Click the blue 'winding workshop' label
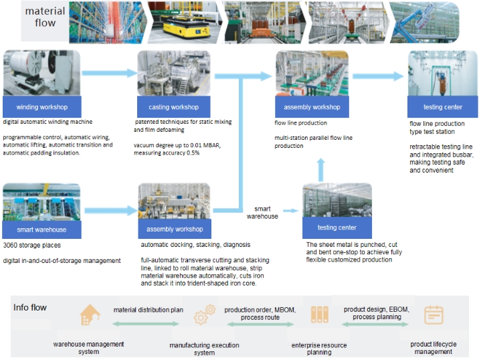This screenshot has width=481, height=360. pyautogui.click(x=42, y=107)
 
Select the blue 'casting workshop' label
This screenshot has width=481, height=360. pyautogui.click(x=174, y=107)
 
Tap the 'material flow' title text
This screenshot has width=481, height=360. pyautogui.click(x=45, y=17)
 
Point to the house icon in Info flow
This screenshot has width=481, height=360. pyautogui.click(x=90, y=314)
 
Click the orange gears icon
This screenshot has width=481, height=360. pyautogui.click(x=205, y=314)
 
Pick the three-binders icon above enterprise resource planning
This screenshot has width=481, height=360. pyautogui.click(x=319, y=314)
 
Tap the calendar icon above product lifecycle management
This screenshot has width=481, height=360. pyautogui.click(x=434, y=315)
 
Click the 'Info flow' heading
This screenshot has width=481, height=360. pyautogui.click(x=29, y=308)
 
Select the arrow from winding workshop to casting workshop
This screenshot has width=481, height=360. pyautogui.click(x=110, y=73)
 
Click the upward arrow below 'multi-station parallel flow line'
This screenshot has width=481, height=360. pyautogui.click(x=321, y=170)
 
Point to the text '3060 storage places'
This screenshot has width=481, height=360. pyautogui.click(x=32, y=245)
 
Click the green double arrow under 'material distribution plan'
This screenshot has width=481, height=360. pyautogui.click(x=146, y=323)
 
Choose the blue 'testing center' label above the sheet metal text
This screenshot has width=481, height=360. pyautogui.click(x=337, y=228)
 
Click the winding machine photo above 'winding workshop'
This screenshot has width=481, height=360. pyautogui.click(x=41, y=73)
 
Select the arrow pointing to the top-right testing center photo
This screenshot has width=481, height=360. pyautogui.click(x=378, y=76)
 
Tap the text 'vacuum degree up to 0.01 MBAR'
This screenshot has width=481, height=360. pyautogui.click(x=177, y=145)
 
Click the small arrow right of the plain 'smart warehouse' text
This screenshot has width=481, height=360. pyautogui.click(x=291, y=211)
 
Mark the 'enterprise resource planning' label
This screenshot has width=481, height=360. pyautogui.click(x=319, y=349)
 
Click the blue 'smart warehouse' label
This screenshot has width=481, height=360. pyautogui.click(x=41, y=230)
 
